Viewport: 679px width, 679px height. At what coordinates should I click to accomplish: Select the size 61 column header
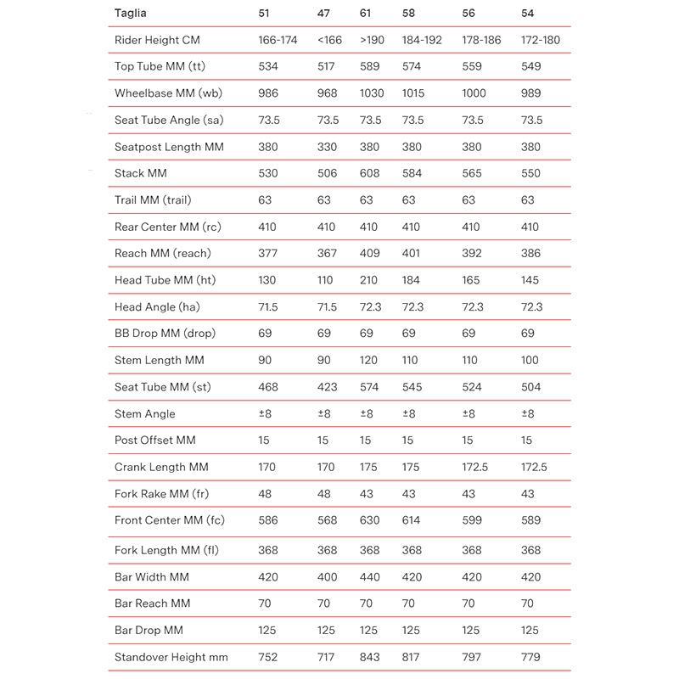(x=367, y=14)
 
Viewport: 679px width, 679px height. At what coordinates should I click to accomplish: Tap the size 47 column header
(x=323, y=14)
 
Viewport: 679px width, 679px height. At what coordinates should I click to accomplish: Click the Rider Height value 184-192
(x=422, y=40)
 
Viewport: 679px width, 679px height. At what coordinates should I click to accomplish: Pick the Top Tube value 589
(x=370, y=67)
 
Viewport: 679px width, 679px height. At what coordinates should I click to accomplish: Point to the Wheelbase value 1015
(x=415, y=93)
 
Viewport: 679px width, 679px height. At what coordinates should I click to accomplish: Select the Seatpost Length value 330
(x=327, y=147)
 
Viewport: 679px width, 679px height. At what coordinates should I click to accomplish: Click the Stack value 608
(x=370, y=173)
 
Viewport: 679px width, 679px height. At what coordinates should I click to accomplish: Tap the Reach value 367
(x=327, y=253)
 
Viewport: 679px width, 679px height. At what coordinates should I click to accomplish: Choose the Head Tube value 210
(x=369, y=280)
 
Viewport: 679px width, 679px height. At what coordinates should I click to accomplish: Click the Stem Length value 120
(x=369, y=360)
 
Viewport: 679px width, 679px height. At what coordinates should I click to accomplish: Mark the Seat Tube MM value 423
(x=327, y=387)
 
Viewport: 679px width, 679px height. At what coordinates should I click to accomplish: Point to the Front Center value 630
(x=370, y=520)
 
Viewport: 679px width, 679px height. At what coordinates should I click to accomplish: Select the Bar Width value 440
(x=370, y=577)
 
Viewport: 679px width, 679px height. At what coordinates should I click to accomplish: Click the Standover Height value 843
(x=370, y=657)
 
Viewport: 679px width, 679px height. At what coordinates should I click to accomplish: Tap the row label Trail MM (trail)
(x=153, y=200)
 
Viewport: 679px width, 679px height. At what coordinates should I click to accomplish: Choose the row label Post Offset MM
(x=155, y=440)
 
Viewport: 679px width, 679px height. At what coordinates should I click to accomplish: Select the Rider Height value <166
(x=330, y=40)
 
